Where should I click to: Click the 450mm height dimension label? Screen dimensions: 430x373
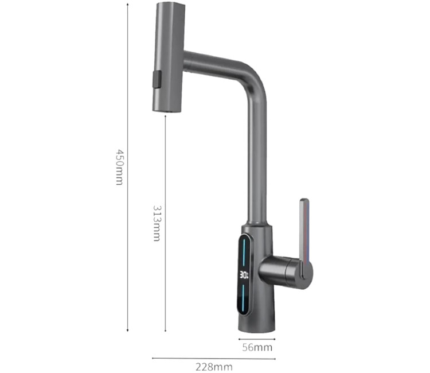120,167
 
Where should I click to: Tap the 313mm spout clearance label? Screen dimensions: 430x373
157,223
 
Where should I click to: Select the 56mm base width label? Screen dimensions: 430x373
257,348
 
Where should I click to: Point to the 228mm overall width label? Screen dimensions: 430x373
214,367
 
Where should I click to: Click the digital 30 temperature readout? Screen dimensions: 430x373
244,275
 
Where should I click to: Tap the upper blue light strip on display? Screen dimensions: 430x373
244,252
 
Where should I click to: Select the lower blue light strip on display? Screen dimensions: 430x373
244,298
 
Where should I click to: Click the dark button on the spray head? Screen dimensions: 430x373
157,79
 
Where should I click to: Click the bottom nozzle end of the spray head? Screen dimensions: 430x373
167,110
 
